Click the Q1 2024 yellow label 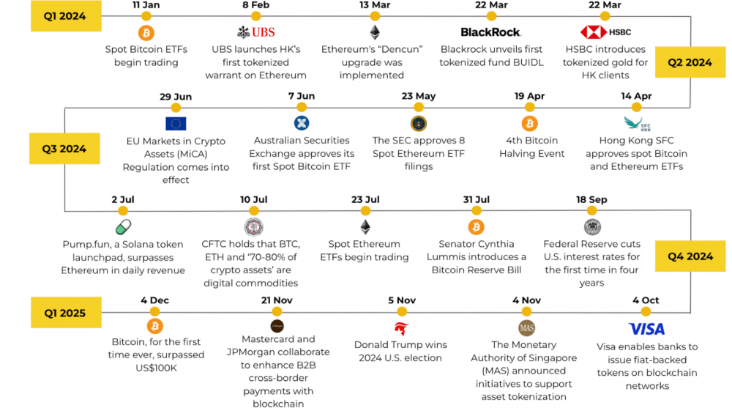64,16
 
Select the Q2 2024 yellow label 690,62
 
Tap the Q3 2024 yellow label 64,149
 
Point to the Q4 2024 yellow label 690,256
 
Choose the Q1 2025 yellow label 64,313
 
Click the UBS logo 256,32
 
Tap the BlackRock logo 490,32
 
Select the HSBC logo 605,32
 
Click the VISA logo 646,329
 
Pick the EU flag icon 176,123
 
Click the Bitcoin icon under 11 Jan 146,33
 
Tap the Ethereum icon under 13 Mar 375,33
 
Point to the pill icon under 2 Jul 123,227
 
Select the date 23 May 418,96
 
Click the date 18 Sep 591,199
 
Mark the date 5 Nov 401,300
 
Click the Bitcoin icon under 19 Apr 529,123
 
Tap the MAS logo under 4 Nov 527,327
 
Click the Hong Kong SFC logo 632,123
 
